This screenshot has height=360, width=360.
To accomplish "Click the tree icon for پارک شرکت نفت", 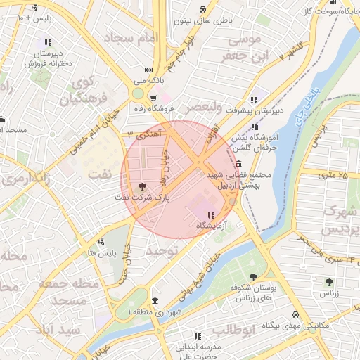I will (143, 187).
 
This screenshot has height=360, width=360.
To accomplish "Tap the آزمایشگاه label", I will (210, 226).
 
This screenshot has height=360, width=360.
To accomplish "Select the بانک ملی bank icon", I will (148, 70).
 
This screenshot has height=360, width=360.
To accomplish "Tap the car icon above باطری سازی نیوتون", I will (203, 10).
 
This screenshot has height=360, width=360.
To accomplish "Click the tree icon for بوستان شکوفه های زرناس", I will (253, 277).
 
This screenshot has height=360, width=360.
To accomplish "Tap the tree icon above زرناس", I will (328, 282).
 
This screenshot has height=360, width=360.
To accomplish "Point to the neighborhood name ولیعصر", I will (203, 107).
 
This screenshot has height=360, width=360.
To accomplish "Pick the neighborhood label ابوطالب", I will (228, 330).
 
